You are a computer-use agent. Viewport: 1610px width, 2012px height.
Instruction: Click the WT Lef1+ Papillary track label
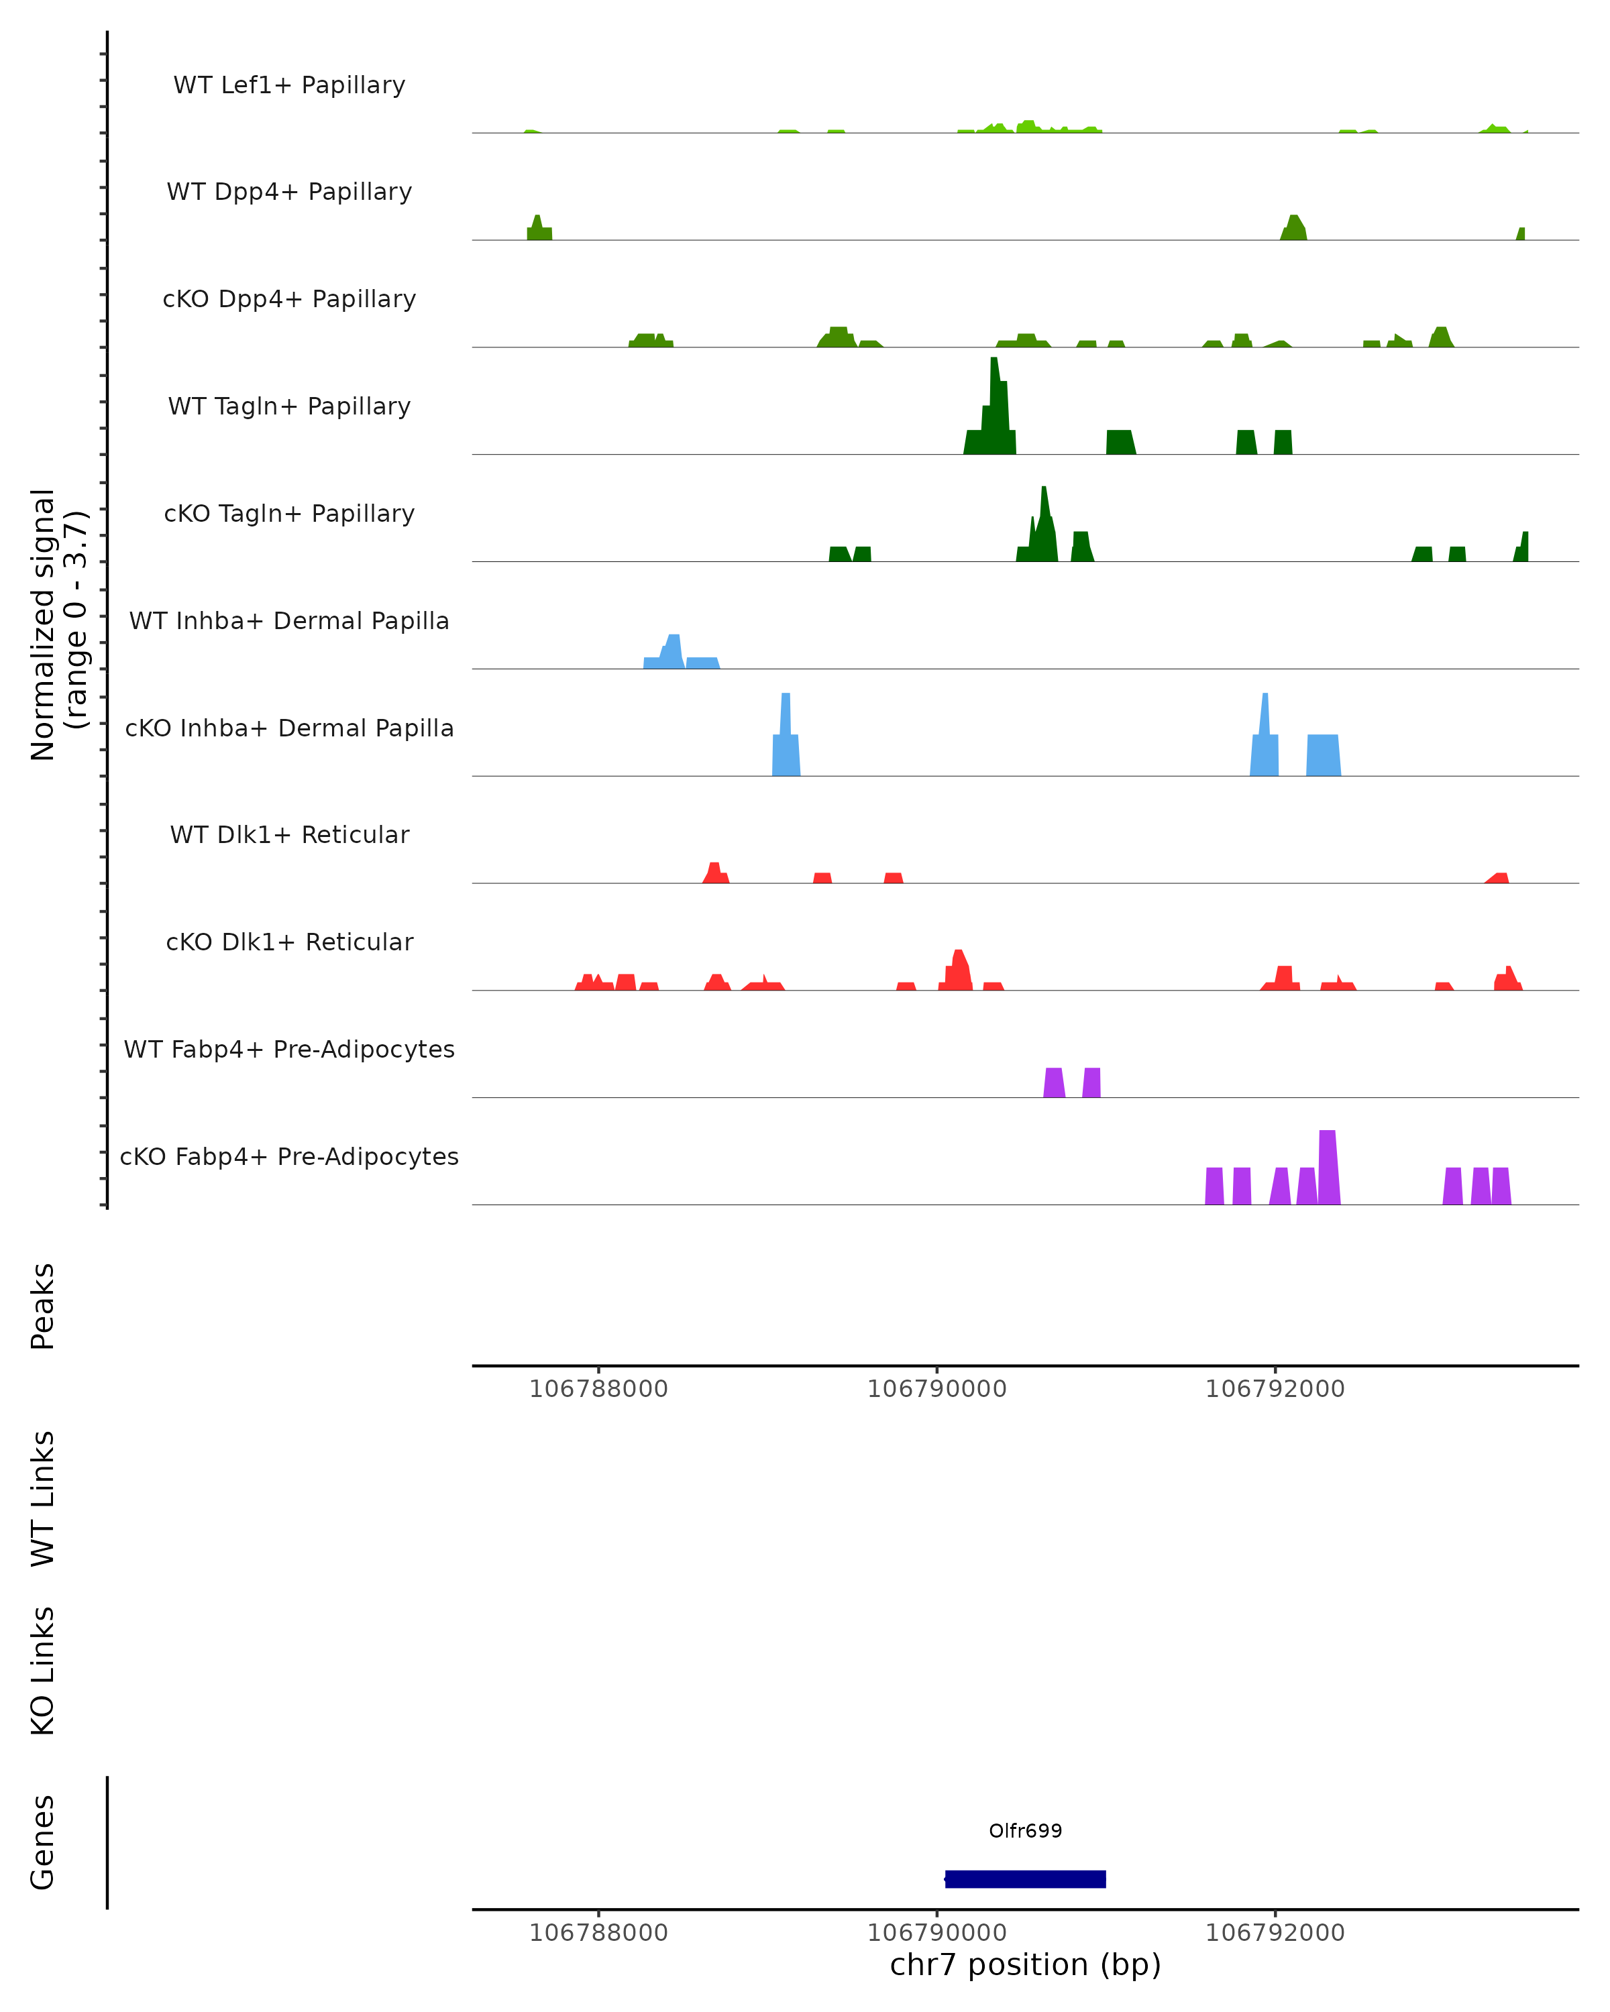coord(289,85)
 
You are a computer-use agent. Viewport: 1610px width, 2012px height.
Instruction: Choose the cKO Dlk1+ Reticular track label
coord(289,942)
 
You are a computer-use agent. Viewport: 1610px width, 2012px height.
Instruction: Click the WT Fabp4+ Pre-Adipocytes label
coord(289,1049)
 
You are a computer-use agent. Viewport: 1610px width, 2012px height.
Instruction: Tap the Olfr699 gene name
coord(1025,1830)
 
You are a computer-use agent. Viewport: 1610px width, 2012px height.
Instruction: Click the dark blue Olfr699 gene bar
coord(1025,1879)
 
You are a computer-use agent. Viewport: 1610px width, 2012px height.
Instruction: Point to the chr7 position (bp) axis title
coord(1025,1964)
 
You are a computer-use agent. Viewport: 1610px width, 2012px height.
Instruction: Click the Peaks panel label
coord(42,1306)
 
